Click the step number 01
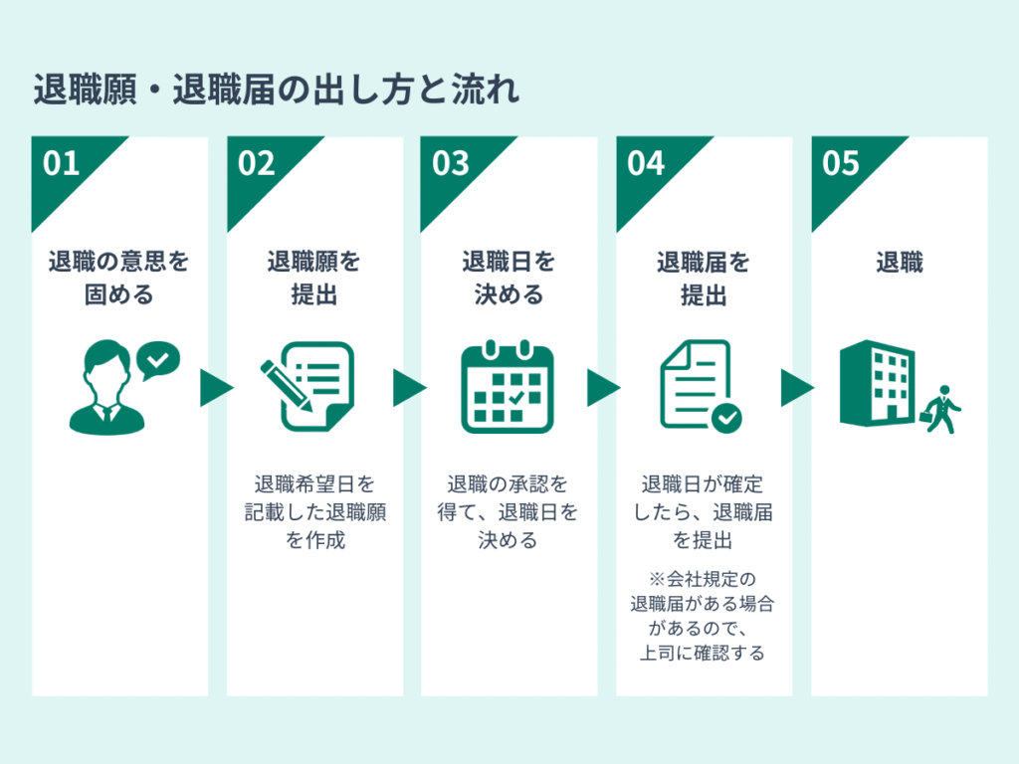click(x=62, y=163)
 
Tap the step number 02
click(x=256, y=163)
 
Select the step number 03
click(x=450, y=163)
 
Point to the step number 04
click(x=646, y=163)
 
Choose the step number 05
click(x=841, y=163)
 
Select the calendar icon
click(x=507, y=387)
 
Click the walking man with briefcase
click(x=940, y=408)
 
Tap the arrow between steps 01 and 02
click(x=216, y=388)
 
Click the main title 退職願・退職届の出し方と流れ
click(x=277, y=91)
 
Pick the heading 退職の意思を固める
click(x=119, y=279)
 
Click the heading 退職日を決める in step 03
click(x=509, y=279)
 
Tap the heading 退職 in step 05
click(x=900, y=263)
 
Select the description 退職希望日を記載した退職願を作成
click(x=314, y=512)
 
